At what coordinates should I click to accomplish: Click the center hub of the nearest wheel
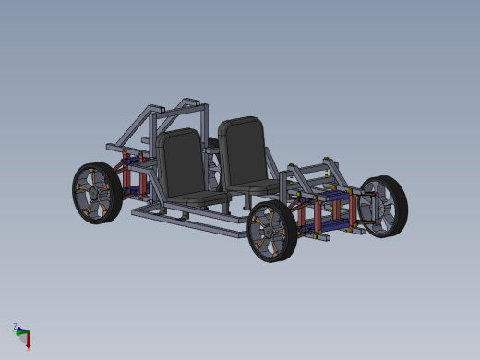[x=269, y=231]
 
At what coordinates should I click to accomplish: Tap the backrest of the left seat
[x=181, y=162]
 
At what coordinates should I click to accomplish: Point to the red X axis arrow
[x=28, y=343]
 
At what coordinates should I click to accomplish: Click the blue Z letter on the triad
[x=15, y=326]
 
